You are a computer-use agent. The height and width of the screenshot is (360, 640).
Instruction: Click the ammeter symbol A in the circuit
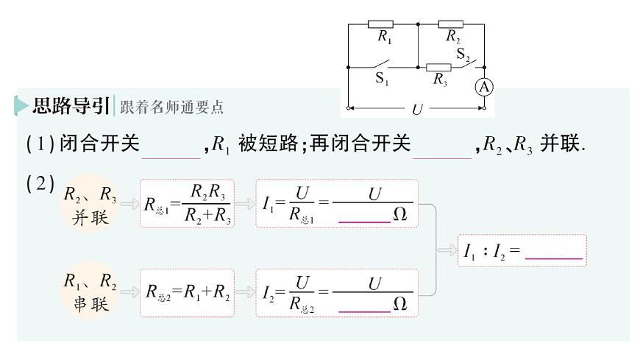pyautogui.click(x=484, y=87)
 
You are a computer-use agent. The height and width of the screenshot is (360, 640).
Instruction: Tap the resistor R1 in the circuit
pyautogui.click(x=380, y=24)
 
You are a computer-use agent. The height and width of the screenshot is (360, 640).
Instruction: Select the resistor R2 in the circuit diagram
pyautogui.click(x=451, y=24)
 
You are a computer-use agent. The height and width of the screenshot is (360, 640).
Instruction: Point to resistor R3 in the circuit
pyautogui.click(x=439, y=68)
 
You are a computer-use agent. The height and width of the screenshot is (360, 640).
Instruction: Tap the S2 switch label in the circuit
pyautogui.click(x=463, y=54)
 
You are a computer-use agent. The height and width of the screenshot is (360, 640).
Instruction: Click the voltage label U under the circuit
pyautogui.click(x=417, y=109)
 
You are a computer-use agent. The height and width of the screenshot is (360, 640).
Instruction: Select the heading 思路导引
pyautogui.click(x=71, y=106)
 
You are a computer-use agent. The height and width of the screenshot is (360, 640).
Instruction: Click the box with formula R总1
pyautogui.click(x=187, y=204)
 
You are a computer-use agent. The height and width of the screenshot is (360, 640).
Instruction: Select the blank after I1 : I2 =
pyautogui.click(x=555, y=253)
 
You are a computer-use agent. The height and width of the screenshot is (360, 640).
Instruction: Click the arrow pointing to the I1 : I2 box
pyautogui.click(x=446, y=250)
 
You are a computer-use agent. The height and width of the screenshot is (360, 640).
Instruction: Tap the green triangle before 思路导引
pyautogui.click(x=21, y=106)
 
